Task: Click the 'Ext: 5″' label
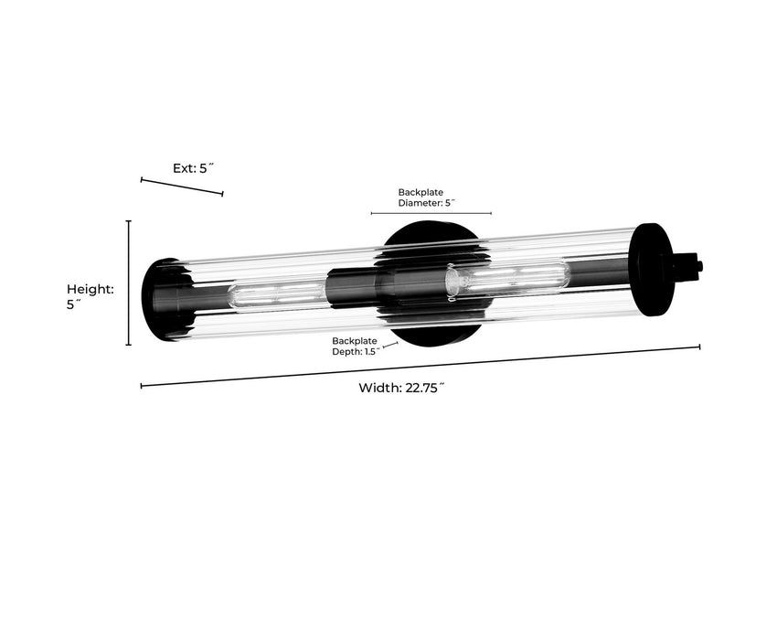(x=193, y=168)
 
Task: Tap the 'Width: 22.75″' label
(x=401, y=388)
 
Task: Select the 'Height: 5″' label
(x=90, y=297)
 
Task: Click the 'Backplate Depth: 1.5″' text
(x=354, y=347)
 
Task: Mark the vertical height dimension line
(x=129, y=283)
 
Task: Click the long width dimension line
(x=420, y=366)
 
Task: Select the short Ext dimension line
(x=182, y=187)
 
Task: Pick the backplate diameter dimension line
(x=431, y=213)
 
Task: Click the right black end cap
(x=652, y=270)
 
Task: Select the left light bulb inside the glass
(x=276, y=294)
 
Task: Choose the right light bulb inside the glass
(x=507, y=275)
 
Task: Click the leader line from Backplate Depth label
(x=390, y=346)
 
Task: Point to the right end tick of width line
(x=700, y=347)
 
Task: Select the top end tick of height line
(x=129, y=221)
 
